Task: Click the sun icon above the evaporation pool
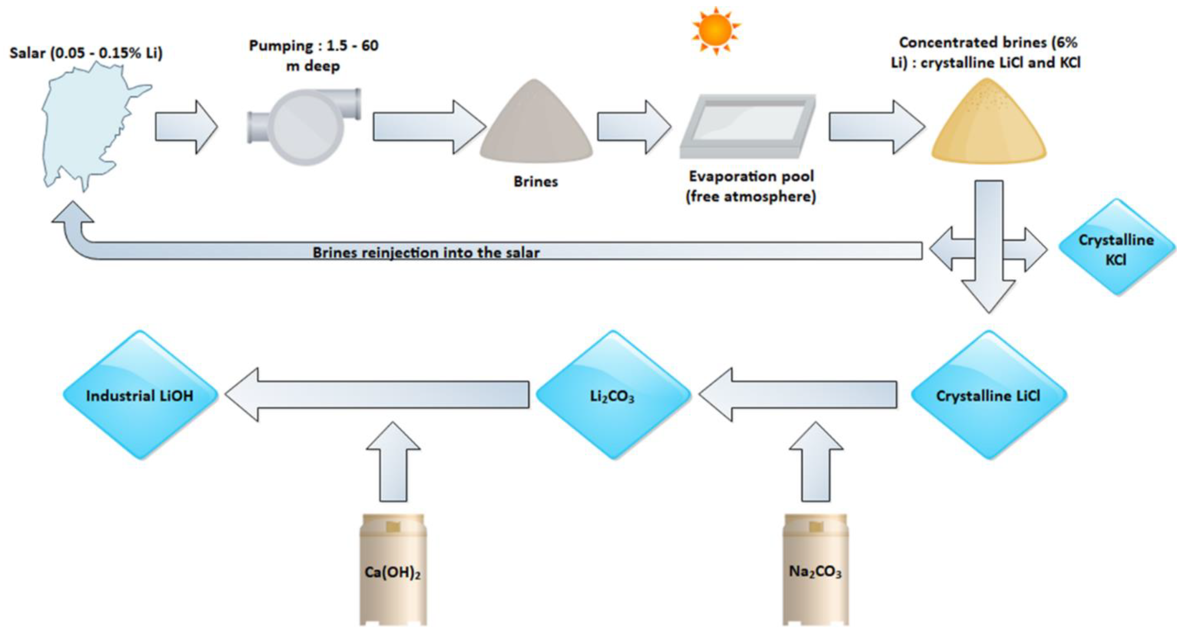(715, 30)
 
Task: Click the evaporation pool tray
(748, 125)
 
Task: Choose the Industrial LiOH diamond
(140, 395)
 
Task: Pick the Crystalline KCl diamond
(1116, 249)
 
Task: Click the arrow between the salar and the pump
(185, 127)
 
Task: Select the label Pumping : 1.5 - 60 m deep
(314, 55)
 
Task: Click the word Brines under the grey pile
(536, 182)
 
